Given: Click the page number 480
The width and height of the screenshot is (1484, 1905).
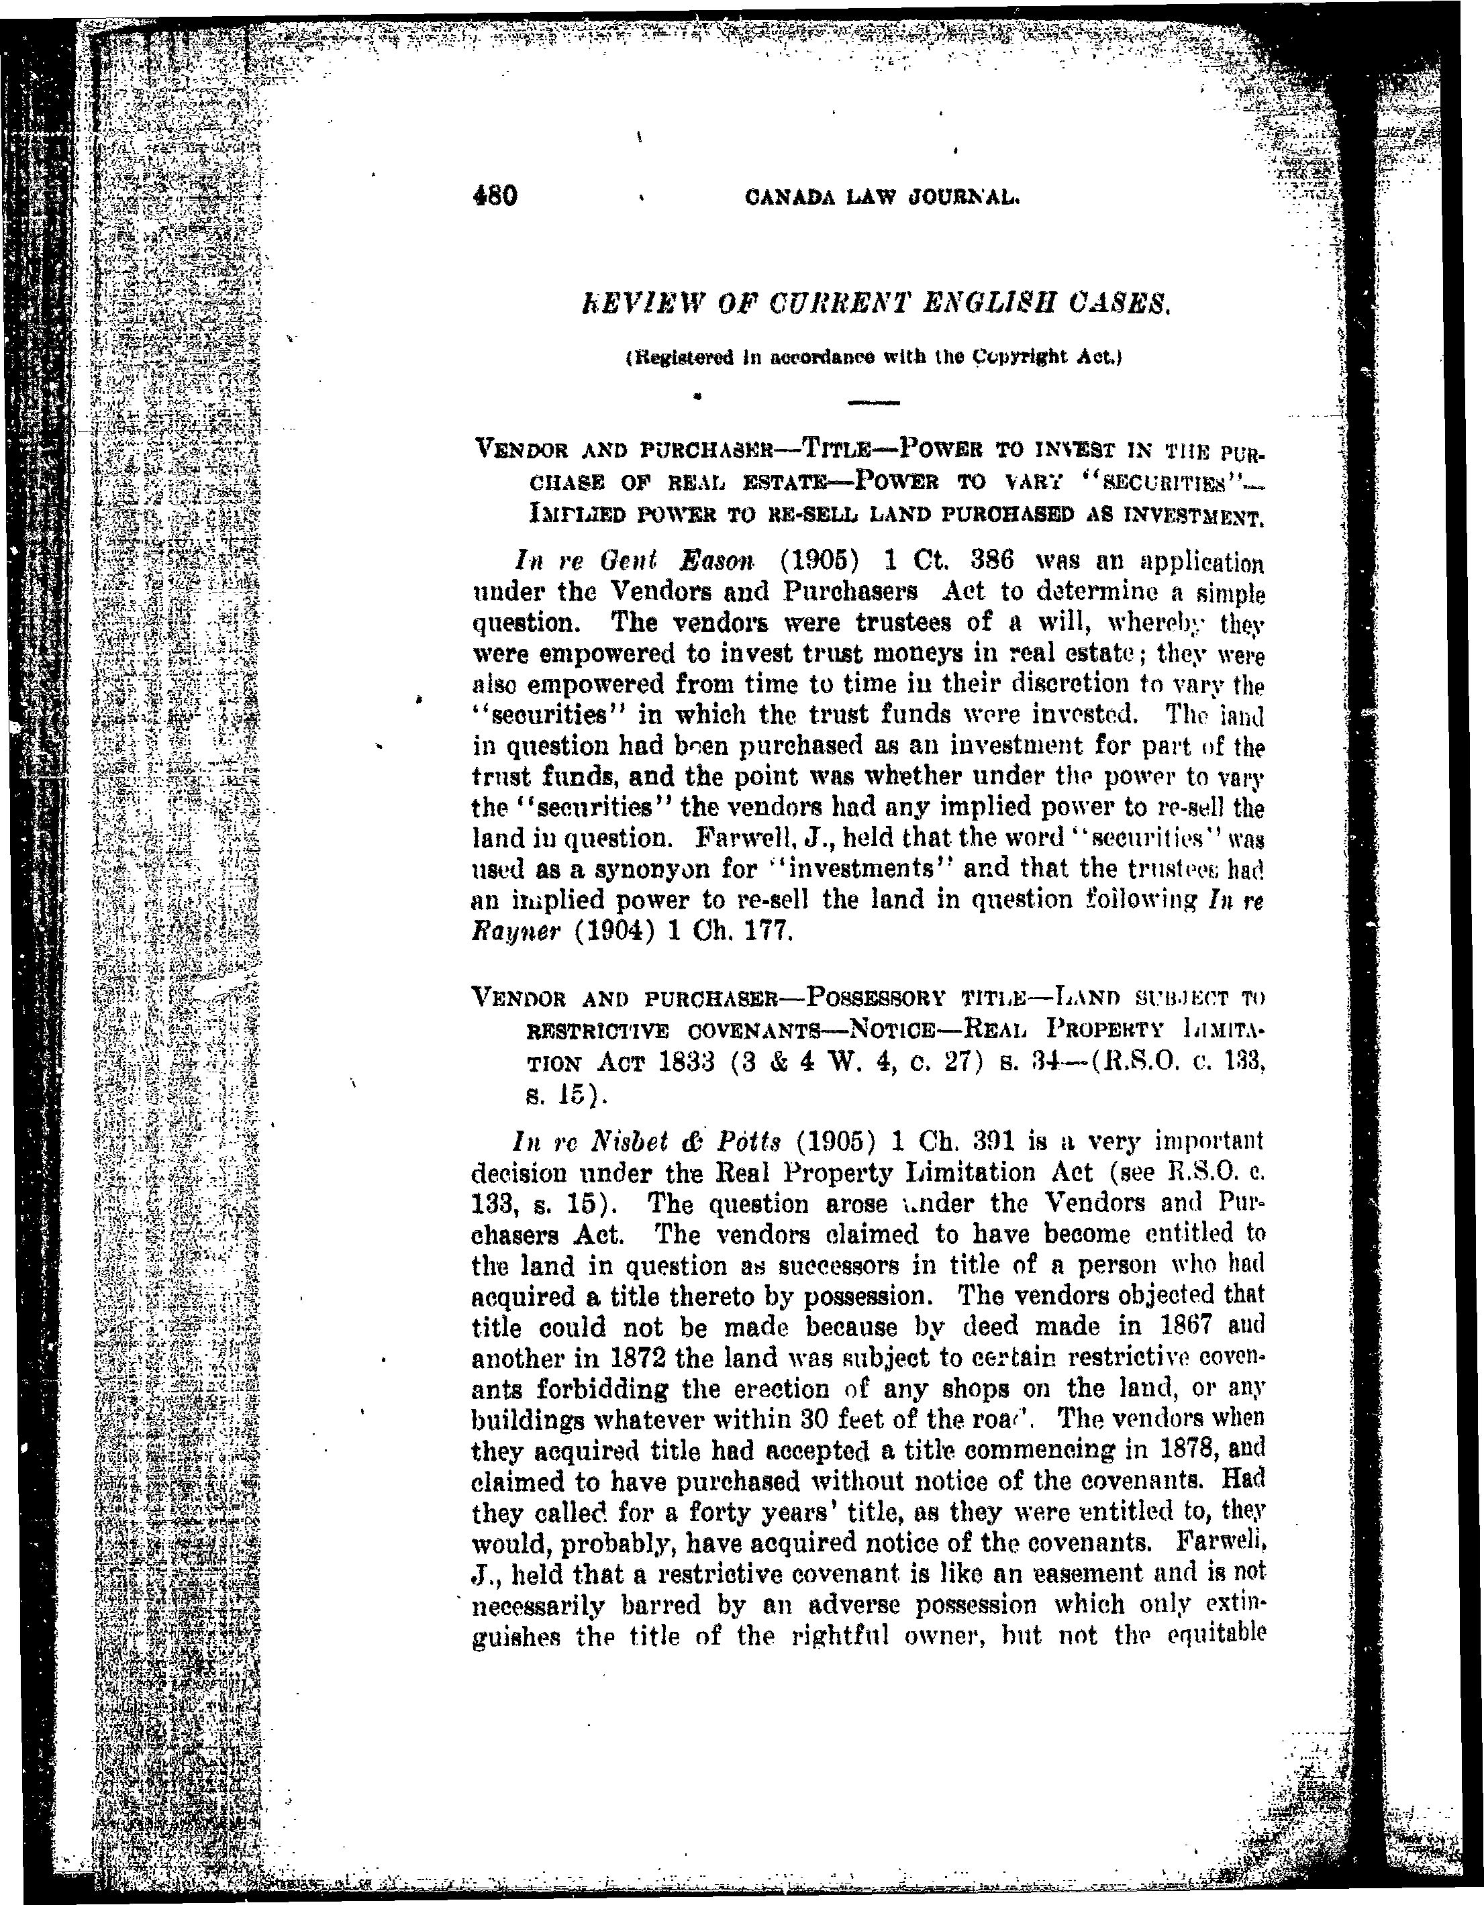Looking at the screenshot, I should tap(495, 195).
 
